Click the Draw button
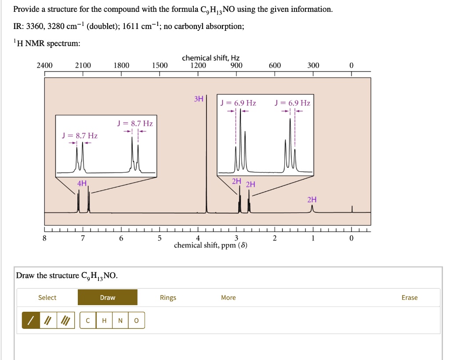pos(108,298)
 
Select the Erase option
pos(409,298)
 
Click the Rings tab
pos(168,298)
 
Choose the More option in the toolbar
pos(228,298)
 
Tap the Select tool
pos(47,298)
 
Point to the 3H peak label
pos(199,99)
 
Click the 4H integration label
pos(82,183)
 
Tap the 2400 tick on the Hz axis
pos(44,65)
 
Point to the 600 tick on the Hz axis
pos(275,65)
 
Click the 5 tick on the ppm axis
pos(160,238)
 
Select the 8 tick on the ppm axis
pos(44,238)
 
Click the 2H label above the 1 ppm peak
pos(312,200)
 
